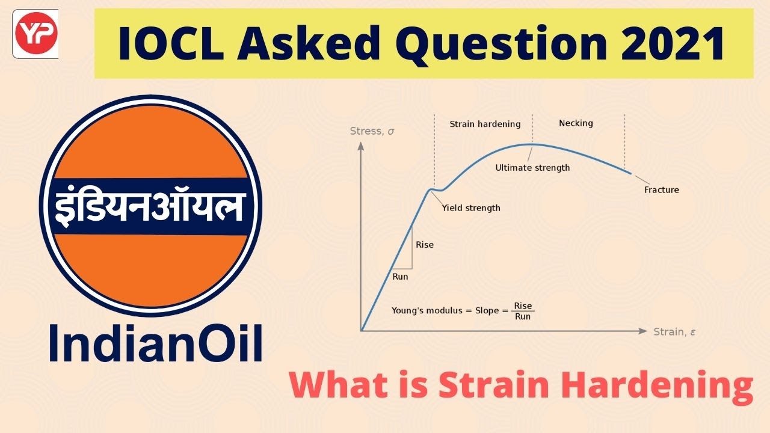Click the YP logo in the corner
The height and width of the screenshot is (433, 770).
tap(35, 34)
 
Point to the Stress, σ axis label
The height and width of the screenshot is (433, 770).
tap(372, 131)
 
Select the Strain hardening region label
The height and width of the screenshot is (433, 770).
tap(485, 124)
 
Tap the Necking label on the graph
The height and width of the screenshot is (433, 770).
tap(576, 123)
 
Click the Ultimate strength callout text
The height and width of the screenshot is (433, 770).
tap(532, 168)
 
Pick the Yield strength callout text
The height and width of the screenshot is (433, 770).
tap(471, 208)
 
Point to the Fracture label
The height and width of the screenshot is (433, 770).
tap(661, 190)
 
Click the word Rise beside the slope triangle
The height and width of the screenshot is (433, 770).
tap(424, 245)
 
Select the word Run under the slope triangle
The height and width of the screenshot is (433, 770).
tap(400, 277)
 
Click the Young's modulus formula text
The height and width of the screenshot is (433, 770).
tap(462, 311)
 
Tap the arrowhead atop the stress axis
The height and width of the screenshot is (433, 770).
tap(361, 146)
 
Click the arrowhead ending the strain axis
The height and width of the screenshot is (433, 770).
tap(643, 331)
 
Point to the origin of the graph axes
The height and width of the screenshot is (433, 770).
tap(361, 331)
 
